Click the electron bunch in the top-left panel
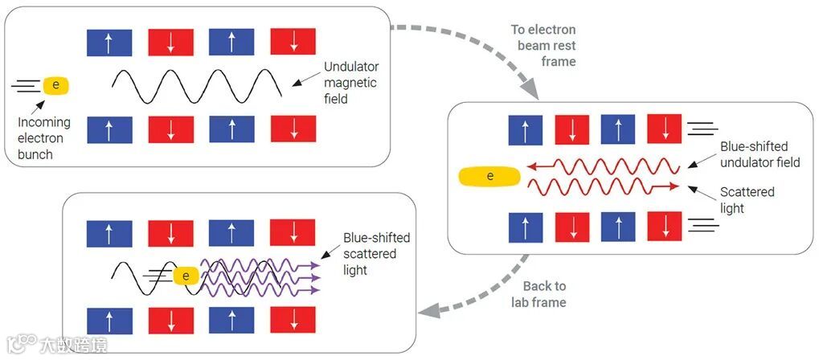55,84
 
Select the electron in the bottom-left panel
186,276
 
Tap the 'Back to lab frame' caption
544,294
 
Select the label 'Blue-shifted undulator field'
760,154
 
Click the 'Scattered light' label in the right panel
747,200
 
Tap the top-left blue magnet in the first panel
109,42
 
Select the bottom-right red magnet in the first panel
293,129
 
